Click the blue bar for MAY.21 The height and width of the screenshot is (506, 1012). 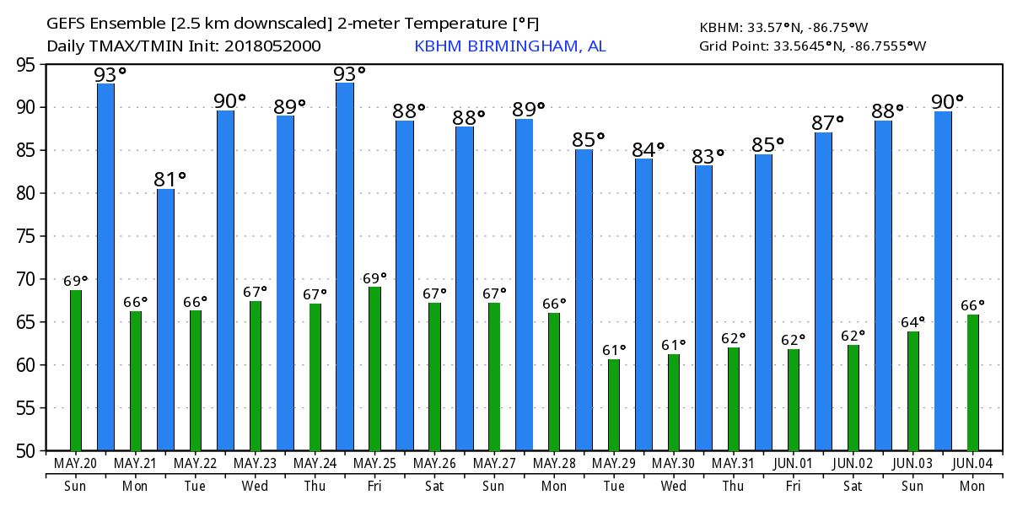pos(105,266)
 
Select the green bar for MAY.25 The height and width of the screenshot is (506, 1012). pos(374,369)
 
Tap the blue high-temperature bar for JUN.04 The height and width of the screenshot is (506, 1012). pos(943,281)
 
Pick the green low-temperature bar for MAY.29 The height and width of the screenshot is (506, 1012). pos(614,405)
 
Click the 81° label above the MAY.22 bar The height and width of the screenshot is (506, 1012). pos(170,180)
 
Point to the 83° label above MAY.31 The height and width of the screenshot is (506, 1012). pos(708,156)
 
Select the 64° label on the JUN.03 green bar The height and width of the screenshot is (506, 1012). pos(912,321)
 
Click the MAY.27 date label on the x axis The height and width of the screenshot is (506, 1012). pos(494,463)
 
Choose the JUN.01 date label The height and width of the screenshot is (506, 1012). pos(794,463)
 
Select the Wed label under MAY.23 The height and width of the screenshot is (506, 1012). pos(255,486)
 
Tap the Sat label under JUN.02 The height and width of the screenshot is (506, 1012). pos(853,486)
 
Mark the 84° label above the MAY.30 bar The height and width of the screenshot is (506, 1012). pos(649,149)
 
